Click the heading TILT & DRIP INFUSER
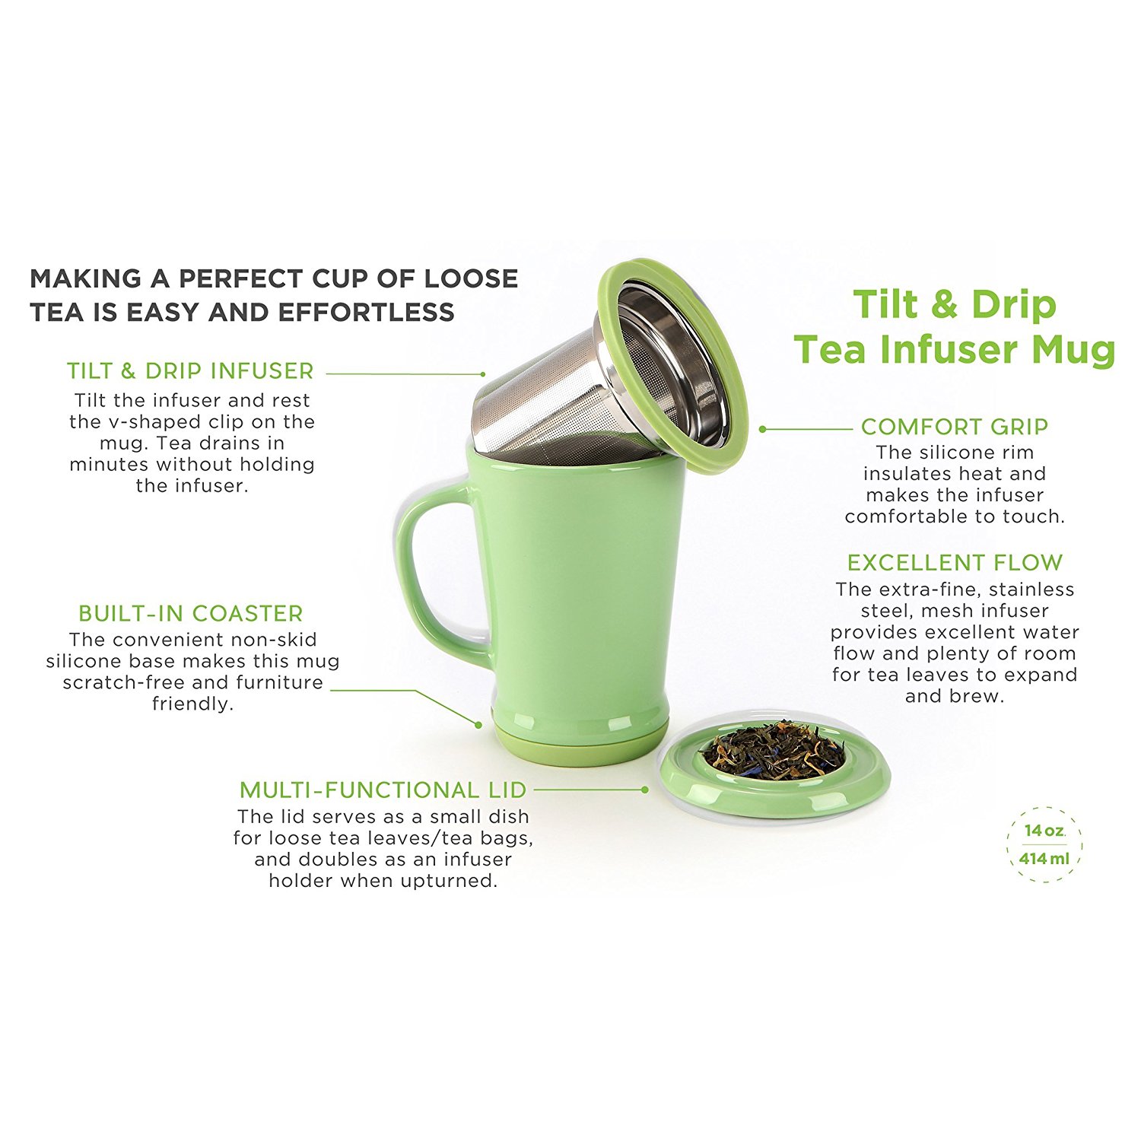point(190,371)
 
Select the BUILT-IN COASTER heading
point(190,613)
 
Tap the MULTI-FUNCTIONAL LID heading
point(383,790)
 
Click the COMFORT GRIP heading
point(955,427)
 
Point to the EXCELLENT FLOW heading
point(955,563)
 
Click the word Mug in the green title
point(1072,350)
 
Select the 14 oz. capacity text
point(1044,831)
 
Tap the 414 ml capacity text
point(1044,859)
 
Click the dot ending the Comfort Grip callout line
point(762,429)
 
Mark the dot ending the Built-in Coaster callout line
point(478,725)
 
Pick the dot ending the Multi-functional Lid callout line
point(645,790)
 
